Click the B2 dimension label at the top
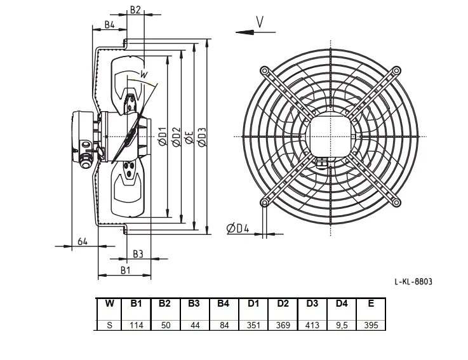[x=135, y=10]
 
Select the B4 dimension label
[x=109, y=25]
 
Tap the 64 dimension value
[x=83, y=241]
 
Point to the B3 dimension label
[x=138, y=254]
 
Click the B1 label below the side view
[x=126, y=270]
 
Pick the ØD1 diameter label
[x=163, y=137]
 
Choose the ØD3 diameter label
[x=203, y=137]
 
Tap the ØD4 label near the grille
[x=237, y=229]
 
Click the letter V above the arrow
[x=260, y=22]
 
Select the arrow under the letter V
[x=255, y=32]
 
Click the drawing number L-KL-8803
[x=413, y=281]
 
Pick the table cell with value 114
[x=137, y=325]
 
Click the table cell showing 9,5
[x=342, y=325]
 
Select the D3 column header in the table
[x=312, y=303]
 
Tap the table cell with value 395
[x=371, y=325]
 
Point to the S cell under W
[x=109, y=325]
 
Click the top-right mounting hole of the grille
[x=396, y=70]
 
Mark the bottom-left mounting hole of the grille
[x=264, y=203]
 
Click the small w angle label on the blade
[x=144, y=74]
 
